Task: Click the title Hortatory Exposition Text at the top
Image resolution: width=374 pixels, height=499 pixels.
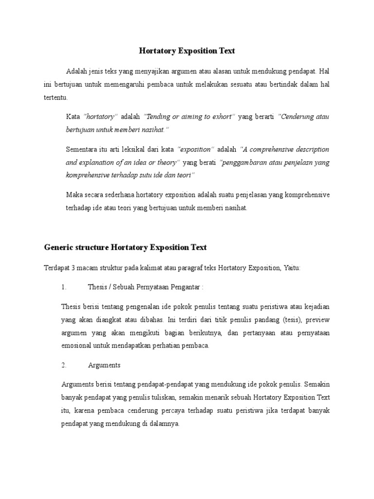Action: click(x=187, y=50)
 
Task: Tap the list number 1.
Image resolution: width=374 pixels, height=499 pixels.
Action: click(x=64, y=288)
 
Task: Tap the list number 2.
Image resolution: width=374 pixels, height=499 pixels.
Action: click(x=64, y=365)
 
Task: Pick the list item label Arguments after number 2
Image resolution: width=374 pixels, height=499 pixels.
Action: click(x=104, y=365)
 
